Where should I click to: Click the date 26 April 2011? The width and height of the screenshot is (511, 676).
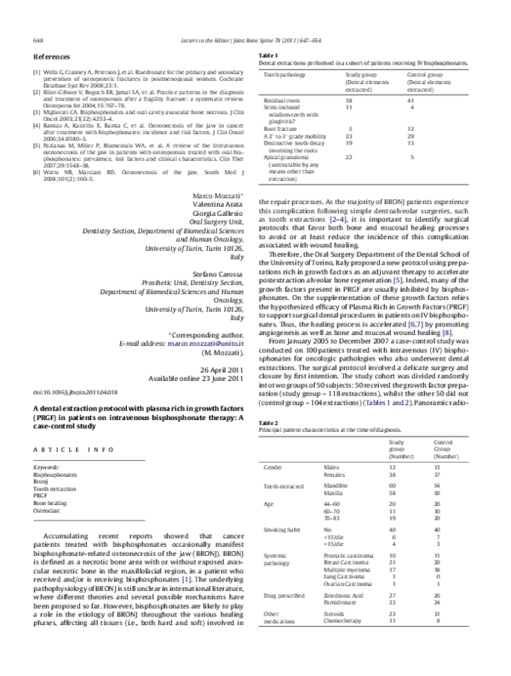[x=221, y=344]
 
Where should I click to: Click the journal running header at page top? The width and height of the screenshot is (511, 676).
[x=255, y=40]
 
